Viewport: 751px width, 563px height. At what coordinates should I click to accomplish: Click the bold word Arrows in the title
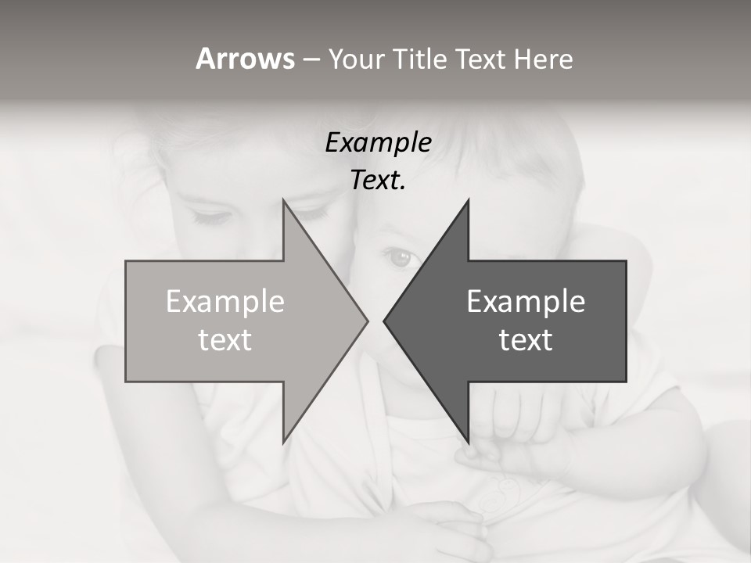tap(245, 59)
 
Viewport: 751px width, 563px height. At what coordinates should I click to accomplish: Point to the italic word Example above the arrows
tap(378, 143)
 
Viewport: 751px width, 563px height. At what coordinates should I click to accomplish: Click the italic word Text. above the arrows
tap(378, 181)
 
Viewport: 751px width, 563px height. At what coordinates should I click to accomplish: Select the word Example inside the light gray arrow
tap(225, 302)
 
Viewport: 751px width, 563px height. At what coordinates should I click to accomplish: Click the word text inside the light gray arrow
tap(225, 340)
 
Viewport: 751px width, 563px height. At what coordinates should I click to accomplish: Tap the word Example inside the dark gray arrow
tap(526, 302)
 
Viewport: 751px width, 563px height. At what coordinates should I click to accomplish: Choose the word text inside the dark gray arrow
tap(526, 340)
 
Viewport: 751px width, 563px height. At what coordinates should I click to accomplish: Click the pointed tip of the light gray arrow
tap(367, 321)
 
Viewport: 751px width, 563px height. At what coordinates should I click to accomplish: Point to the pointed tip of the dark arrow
tap(384, 321)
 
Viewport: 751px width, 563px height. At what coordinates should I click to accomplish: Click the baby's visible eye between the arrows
tap(401, 258)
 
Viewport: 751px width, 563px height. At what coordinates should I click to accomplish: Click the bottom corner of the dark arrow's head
tap(468, 442)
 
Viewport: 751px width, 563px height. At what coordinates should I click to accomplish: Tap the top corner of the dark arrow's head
tap(468, 201)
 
